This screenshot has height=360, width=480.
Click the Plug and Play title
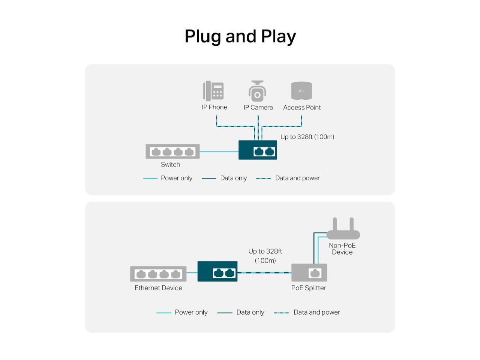(x=240, y=36)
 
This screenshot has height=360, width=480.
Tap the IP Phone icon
(x=213, y=91)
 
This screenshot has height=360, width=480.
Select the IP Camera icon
(x=257, y=91)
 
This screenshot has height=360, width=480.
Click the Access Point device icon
(x=301, y=91)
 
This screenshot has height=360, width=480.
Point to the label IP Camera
(x=258, y=108)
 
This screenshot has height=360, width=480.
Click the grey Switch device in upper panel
(x=172, y=151)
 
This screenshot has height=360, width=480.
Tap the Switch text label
(x=170, y=165)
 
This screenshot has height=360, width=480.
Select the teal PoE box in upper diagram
(x=258, y=150)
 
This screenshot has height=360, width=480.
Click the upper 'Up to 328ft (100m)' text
(x=307, y=137)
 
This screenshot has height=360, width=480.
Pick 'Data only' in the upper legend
(x=233, y=178)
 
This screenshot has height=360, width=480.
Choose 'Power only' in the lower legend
(x=191, y=312)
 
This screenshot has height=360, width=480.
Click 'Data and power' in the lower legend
(x=316, y=312)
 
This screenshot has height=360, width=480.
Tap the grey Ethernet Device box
(x=158, y=274)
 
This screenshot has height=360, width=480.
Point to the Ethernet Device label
(x=158, y=288)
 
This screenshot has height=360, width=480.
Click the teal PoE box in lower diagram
(x=217, y=271)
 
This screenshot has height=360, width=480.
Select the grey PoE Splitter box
(x=309, y=273)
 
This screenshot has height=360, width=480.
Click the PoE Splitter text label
(x=309, y=288)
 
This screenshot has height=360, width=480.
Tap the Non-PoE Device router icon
(x=343, y=229)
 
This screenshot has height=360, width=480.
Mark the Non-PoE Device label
(x=342, y=249)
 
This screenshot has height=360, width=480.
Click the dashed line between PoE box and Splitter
(x=264, y=273)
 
